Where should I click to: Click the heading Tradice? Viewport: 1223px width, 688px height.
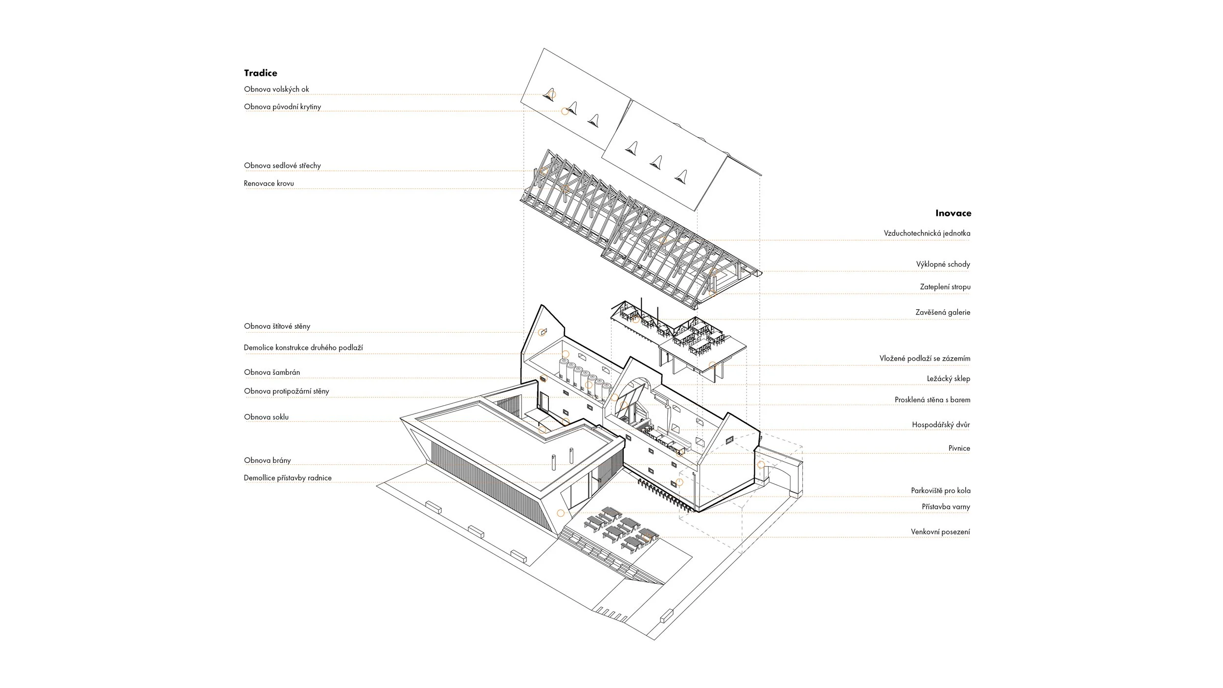point(260,73)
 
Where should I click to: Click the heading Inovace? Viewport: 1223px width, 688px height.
point(953,213)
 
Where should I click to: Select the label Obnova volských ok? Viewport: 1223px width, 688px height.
point(276,89)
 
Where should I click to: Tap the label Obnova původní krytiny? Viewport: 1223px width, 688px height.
point(282,107)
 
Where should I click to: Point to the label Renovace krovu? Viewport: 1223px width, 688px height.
point(269,183)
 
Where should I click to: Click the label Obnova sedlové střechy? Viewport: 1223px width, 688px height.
point(282,165)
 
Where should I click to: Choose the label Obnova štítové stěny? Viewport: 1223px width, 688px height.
point(277,326)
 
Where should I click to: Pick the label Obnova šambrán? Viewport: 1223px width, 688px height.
point(272,372)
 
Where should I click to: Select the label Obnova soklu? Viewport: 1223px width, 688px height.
point(266,417)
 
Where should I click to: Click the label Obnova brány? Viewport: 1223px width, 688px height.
point(267,460)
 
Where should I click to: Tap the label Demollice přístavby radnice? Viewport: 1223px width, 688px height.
point(288,478)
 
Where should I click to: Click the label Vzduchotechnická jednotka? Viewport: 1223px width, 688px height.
point(927,233)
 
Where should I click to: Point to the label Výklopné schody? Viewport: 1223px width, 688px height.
point(943,265)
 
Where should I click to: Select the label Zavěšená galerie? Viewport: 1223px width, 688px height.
point(942,312)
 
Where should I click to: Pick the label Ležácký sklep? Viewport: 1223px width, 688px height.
point(948,379)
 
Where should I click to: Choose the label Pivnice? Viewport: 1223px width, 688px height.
point(959,448)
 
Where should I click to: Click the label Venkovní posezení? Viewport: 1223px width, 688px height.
point(940,532)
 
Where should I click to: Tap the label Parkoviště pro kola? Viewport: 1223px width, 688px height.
point(940,490)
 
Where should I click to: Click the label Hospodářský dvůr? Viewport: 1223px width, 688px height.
point(940,425)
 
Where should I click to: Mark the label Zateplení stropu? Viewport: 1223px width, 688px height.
point(945,287)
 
